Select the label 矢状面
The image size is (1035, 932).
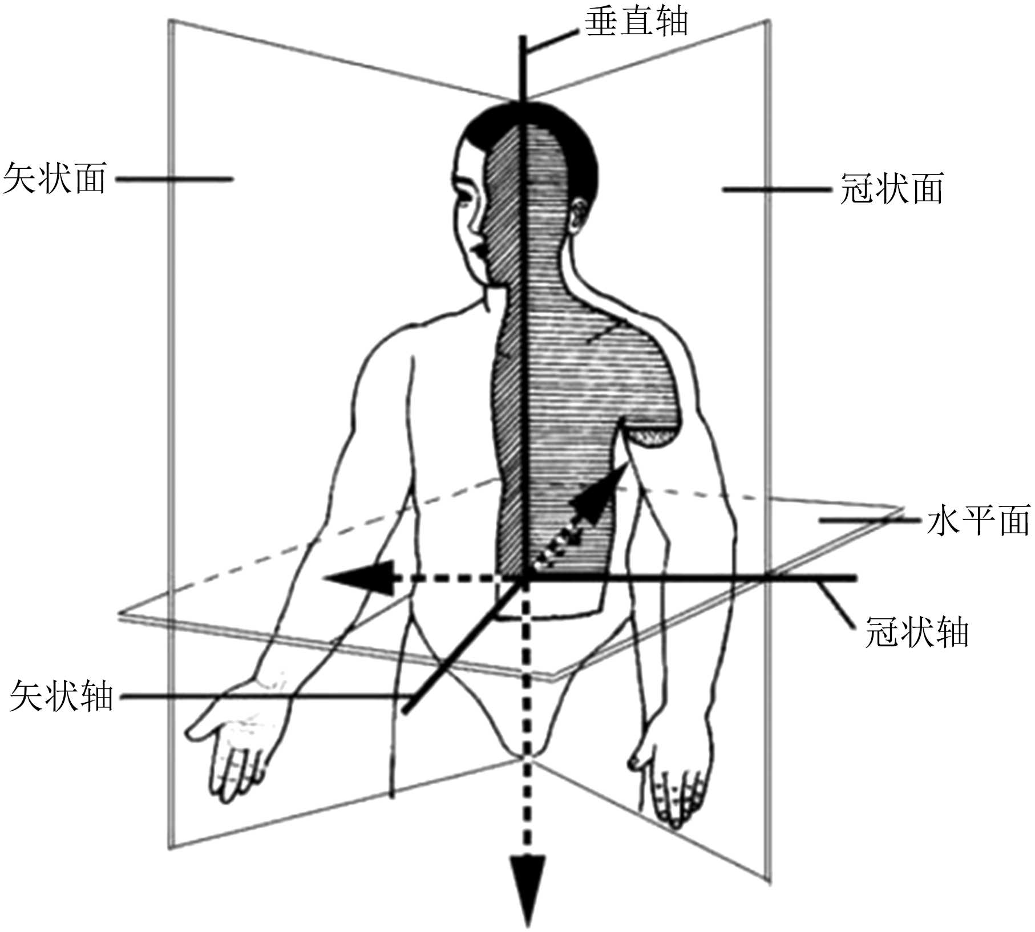(55, 178)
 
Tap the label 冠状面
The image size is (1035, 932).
(891, 188)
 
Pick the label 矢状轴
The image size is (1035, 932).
(62, 696)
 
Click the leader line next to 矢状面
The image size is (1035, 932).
(174, 179)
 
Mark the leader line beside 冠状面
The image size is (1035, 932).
(776, 189)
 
